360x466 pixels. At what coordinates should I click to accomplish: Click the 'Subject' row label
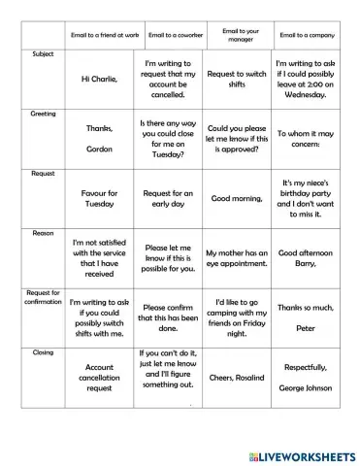point(43,53)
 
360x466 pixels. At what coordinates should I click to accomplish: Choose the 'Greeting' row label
point(43,114)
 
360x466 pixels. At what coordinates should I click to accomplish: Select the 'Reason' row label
point(43,233)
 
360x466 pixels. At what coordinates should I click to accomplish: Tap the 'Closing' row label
point(43,351)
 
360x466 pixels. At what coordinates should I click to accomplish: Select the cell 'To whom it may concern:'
point(307,140)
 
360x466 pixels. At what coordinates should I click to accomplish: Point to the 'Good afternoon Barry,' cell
point(307,258)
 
